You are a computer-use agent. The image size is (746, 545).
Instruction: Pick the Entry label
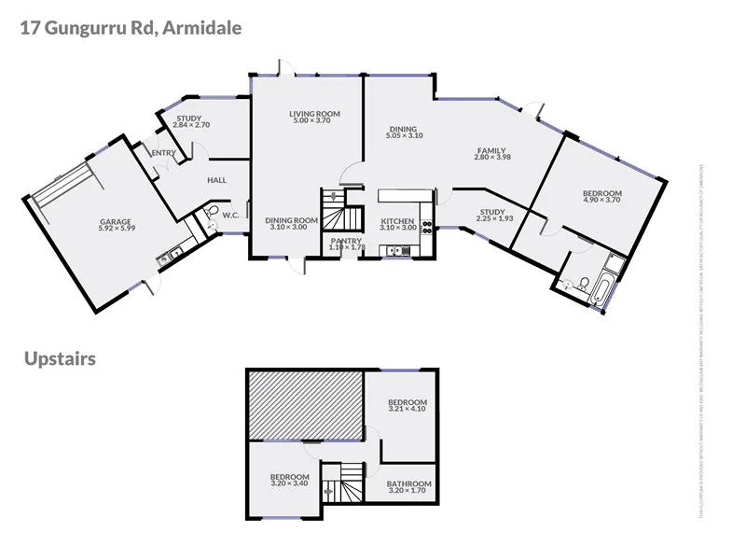tap(162, 154)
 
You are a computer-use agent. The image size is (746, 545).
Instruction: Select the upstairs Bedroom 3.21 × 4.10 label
tap(407, 405)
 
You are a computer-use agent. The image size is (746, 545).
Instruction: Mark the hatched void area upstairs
tap(304, 405)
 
